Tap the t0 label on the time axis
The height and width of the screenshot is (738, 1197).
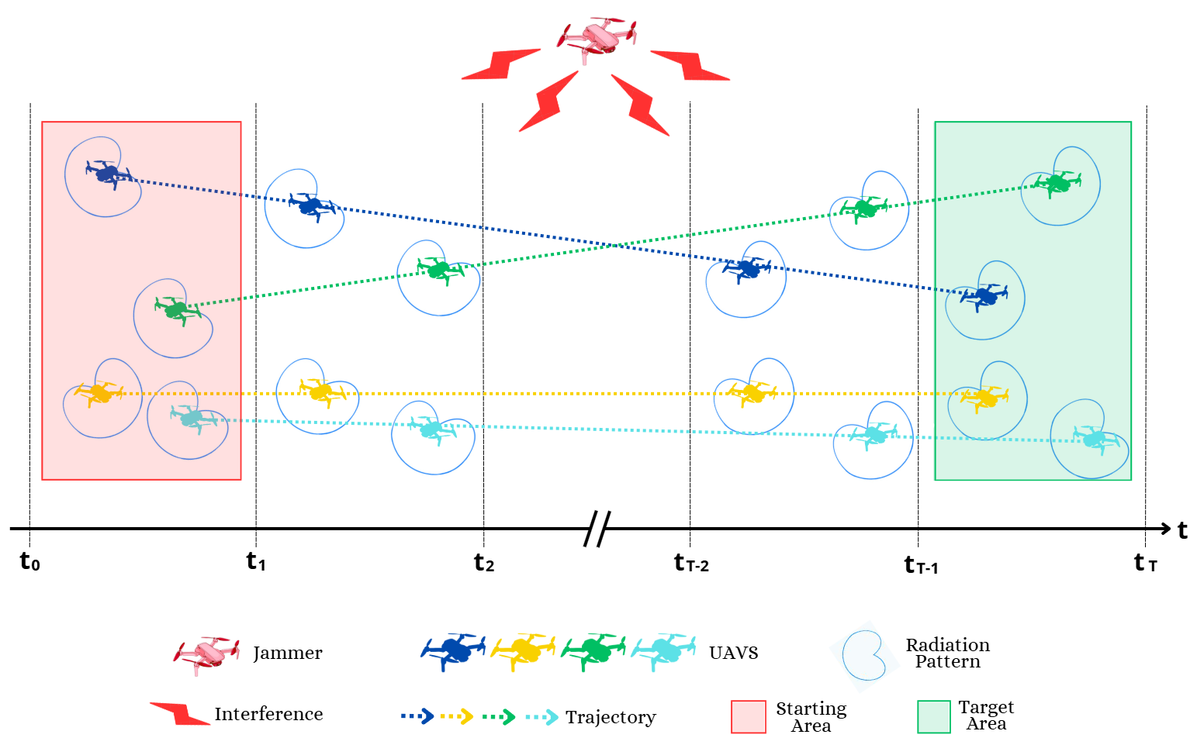[x=29, y=561]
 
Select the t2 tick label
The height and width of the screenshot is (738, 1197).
[x=484, y=563]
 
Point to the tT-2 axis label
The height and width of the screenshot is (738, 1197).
[x=691, y=564]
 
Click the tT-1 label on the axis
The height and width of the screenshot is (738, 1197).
[x=921, y=565]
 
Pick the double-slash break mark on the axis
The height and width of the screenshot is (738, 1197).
[x=597, y=529]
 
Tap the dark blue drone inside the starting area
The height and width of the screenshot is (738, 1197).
[x=108, y=172]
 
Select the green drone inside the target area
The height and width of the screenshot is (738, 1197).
[x=1054, y=184]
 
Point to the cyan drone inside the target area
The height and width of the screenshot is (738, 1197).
[x=1095, y=439]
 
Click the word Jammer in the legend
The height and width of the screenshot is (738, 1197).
[x=287, y=654]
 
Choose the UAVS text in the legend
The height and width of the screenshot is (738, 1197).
[x=733, y=653]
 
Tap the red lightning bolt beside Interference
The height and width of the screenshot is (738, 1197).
[x=179, y=713]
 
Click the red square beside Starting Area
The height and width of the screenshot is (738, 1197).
[x=748, y=716]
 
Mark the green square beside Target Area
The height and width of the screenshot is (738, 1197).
[x=934, y=716]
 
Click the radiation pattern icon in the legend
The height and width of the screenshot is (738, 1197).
[x=864, y=656]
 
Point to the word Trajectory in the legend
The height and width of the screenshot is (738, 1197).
[x=611, y=717]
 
